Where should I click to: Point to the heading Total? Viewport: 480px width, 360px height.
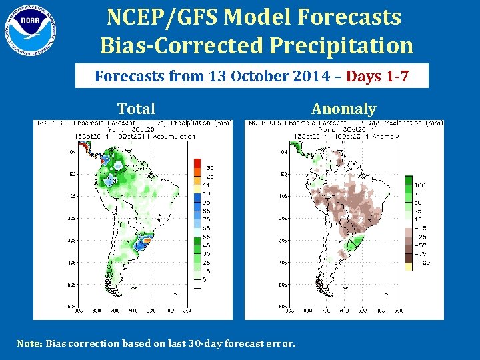(136, 109)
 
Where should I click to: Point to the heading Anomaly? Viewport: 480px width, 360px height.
(343, 109)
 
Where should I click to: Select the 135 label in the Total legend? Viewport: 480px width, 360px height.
(209, 167)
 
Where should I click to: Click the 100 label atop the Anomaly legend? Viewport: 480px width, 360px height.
(420, 185)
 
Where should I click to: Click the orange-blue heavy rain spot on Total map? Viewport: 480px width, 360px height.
(142, 241)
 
